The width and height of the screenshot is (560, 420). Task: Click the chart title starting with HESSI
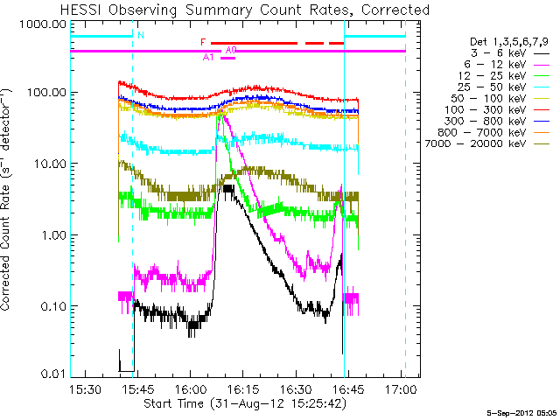click(245, 10)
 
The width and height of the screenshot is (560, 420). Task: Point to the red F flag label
click(203, 42)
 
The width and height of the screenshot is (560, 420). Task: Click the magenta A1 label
click(208, 58)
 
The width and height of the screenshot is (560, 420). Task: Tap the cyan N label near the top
click(141, 35)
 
